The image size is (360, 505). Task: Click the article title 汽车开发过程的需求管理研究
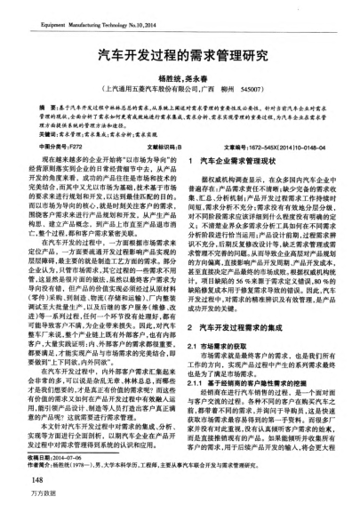[x=180, y=54]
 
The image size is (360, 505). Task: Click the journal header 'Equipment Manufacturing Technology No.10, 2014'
[x=86, y=14]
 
